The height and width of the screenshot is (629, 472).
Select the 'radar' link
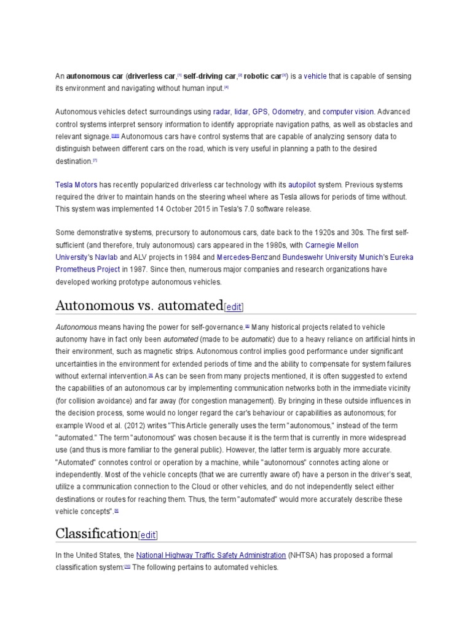pyautogui.click(x=221, y=112)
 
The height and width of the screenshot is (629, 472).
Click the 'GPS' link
pyautogui.click(x=260, y=112)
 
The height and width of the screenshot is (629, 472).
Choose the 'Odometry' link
pyautogui.click(x=288, y=112)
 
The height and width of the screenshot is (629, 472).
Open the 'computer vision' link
pyautogui.click(x=348, y=112)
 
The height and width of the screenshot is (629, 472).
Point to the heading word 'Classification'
pyautogui.click(x=96, y=533)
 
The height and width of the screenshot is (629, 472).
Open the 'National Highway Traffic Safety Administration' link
pyautogui.click(x=211, y=555)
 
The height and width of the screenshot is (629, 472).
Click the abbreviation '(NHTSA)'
pyautogui.click(x=303, y=555)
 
